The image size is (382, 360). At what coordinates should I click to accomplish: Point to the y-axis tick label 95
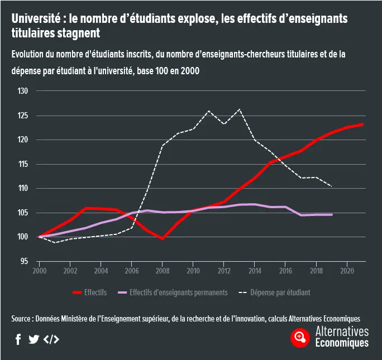pyautogui.click(x=23, y=261)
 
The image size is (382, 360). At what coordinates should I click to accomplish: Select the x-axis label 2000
pyautogui.click(x=39, y=271)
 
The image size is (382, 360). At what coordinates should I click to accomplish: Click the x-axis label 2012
pyautogui.click(x=224, y=271)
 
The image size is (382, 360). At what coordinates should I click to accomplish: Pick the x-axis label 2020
pyautogui.click(x=347, y=271)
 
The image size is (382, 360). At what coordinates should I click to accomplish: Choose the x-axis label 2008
pyautogui.click(x=163, y=271)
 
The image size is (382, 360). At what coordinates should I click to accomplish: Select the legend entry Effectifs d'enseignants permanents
pyautogui.click(x=173, y=292)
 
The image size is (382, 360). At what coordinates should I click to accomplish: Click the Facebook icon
pyautogui.click(x=18, y=339)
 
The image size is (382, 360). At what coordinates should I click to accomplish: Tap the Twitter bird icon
pyautogui.click(x=34, y=339)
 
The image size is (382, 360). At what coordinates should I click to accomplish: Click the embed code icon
pyautogui.click(x=51, y=339)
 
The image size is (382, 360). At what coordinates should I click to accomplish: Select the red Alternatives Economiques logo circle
pyautogui.click(x=300, y=337)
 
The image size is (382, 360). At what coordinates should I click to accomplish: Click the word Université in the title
pyautogui.click(x=35, y=19)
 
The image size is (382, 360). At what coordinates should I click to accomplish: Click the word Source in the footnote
pyautogui.click(x=22, y=319)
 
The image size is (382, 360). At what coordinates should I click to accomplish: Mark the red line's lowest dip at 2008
pyautogui.click(x=163, y=238)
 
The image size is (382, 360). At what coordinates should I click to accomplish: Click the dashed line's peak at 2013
pyautogui.click(x=240, y=109)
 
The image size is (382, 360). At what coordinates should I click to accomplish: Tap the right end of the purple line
pyautogui.click(x=332, y=214)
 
